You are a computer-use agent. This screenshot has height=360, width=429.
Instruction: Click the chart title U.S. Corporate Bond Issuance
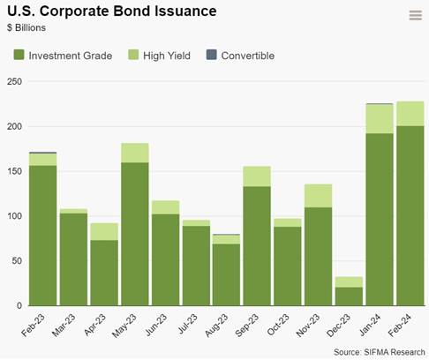112,11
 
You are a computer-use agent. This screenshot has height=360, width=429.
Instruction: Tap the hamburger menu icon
416,15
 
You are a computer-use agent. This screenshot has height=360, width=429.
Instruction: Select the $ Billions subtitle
26,27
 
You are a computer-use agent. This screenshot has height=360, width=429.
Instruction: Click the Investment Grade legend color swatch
19,55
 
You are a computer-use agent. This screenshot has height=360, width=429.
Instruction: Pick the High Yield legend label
167,56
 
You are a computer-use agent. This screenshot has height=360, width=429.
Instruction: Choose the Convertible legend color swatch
212,55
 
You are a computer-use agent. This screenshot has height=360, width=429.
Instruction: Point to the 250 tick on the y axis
14,81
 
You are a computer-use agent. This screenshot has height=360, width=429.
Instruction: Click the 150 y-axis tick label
14,171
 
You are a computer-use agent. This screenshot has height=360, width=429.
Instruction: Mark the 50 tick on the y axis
17,261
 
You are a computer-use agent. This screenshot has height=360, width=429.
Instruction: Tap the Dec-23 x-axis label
339,325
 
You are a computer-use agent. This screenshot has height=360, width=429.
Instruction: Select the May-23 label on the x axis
124,326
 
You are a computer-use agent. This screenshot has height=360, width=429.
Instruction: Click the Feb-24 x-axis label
400,325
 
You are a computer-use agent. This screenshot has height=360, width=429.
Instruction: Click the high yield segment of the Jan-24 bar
380,119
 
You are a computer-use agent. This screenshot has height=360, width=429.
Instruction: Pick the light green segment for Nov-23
319,196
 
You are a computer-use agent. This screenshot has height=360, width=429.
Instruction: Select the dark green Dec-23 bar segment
349,296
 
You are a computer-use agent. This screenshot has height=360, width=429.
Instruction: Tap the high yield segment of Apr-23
104,232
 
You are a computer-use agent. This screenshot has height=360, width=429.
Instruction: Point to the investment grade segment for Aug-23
227,275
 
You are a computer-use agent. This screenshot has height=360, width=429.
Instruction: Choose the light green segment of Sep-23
257,176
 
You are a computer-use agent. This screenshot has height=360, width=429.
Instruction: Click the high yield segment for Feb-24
410,114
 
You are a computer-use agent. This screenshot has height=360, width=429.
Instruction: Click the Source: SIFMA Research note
380,352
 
